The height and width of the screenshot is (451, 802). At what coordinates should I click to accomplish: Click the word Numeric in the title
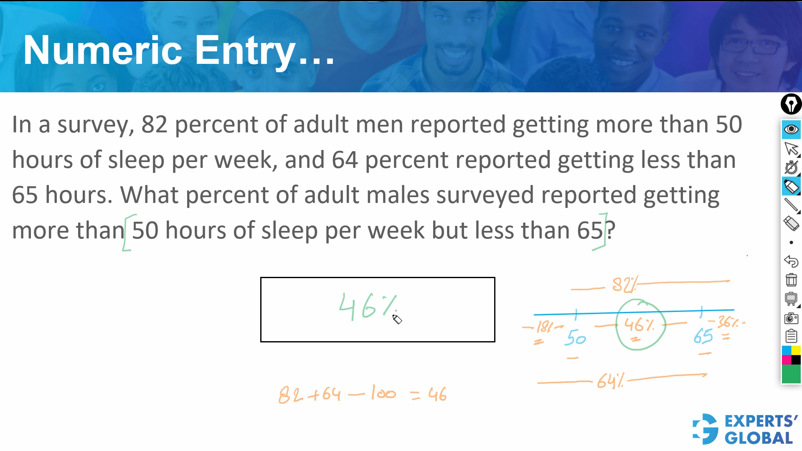(x=103, y=50)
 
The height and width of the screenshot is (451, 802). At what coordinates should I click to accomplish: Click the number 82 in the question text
(x=154, y=124)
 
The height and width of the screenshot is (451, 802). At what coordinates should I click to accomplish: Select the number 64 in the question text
(x=345, y=160)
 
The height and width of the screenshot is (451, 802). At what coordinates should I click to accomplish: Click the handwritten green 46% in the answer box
(x=368, y=307)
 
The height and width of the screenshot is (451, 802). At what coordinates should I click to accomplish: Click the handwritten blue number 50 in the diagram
(x=575, y=337)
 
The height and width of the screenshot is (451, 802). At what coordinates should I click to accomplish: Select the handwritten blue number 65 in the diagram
(x=703, y=336)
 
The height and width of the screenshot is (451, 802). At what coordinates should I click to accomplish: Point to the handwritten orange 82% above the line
(x=624, y=284)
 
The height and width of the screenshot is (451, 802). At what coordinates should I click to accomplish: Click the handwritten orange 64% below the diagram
(x=610, y=381)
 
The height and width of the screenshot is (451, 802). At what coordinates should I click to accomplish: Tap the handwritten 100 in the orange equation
(x=383, y=393)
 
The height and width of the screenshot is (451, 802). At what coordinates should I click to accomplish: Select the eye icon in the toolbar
(x=791, y=129)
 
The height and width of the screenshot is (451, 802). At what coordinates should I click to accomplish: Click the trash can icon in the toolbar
(x=791, y=279)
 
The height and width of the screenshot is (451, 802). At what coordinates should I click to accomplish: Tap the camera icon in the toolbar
(x=791, y=318)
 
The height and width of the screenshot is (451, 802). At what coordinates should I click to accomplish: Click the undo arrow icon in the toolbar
(x=791, y=261)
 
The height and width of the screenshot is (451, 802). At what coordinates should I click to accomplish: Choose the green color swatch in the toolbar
(x=791, y=374)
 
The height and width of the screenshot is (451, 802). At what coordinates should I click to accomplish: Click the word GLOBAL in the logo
(x=759, y=438)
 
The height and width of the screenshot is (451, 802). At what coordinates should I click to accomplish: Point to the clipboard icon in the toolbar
(x=791, y=336)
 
